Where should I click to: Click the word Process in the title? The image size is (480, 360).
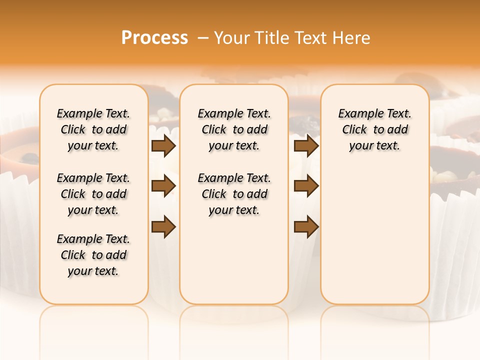pos(154,38)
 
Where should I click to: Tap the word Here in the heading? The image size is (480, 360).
pos(350,38)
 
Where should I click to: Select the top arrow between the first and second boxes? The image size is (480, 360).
pos(163,146)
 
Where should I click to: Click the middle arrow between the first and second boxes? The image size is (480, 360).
pos(163,186)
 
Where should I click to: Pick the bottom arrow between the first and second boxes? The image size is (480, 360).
pos(163,227)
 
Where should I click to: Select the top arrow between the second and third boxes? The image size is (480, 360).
pos(306,146)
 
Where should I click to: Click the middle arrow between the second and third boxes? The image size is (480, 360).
pos(306,186)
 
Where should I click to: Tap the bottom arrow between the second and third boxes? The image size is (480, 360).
pos(306,227)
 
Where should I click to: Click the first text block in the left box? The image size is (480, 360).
pos(93,129)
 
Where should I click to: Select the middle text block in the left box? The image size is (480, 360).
pos(93,194)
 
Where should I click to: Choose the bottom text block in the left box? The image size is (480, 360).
pos(93,255)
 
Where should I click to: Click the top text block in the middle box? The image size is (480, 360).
pos(234,129)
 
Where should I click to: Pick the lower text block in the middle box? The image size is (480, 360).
pos(234,194)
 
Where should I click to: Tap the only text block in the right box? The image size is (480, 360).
pos(375,129)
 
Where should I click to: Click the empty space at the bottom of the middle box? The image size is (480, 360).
pos(234,265)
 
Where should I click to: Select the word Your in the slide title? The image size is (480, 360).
pos(233,38)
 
